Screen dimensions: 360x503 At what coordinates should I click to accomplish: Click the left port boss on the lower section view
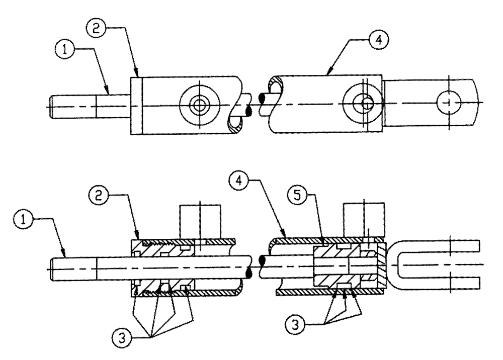pos(200,220)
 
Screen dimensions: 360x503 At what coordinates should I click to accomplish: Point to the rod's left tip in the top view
pos(55,107)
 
